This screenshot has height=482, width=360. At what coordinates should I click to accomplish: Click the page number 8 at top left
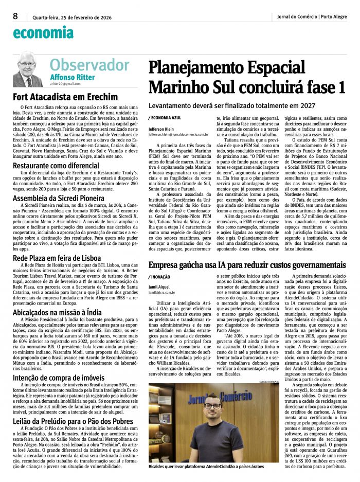coord(15,15)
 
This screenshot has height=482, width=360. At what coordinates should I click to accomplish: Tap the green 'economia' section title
coord(43,33)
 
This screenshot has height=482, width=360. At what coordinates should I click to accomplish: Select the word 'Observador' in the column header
coord(89,65)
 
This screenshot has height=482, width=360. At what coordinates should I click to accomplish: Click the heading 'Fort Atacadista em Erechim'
coord(65,97)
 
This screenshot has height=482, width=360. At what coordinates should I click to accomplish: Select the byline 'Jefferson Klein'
coord(162,129)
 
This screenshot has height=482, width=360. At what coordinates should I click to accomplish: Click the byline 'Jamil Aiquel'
coord(159,287)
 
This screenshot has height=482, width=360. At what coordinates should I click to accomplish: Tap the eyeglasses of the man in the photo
coord(212,406)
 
